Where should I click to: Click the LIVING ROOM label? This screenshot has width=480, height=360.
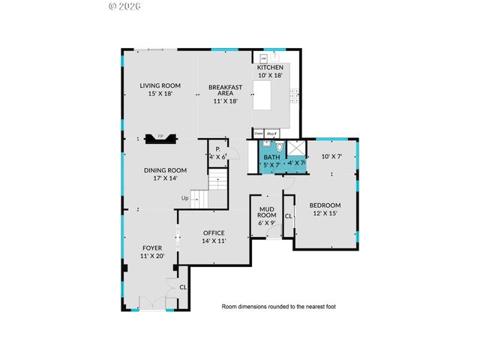(x=160, y=86)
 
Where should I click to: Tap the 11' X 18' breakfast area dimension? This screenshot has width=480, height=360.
(x=223, y=100)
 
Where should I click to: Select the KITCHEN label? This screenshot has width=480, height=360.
(x=270, y=67)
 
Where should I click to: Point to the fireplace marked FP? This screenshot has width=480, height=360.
(x=160, y=138)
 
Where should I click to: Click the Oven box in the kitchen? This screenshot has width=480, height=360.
(x=258, y=133)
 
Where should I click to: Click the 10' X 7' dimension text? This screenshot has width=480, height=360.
(x=331, y=157)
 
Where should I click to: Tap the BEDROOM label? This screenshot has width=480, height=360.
(x=325, y=205)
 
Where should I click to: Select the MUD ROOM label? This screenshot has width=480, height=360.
(x=268, y=212)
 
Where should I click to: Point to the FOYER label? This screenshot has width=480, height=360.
(x=152, y=247)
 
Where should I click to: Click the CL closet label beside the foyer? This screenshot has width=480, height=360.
(x=182, y=287)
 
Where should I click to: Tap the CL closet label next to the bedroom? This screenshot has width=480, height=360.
(x=288, y=216)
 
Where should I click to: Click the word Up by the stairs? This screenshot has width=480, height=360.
(x=184, y=198)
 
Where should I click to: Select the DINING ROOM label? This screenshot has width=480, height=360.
(x=165, y=170)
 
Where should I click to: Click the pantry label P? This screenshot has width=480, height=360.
(x=217, y=149)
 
